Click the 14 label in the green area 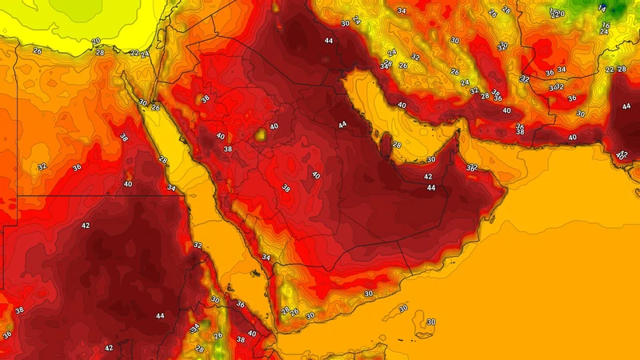(602, 7)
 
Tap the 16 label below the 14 (606, 26)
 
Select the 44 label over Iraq (329, 40)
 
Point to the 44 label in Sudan (160, 316)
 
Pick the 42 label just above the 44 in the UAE (429, 177)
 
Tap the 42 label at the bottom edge (109, 348)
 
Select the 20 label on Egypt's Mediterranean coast (96, 41)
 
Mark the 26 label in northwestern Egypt (37, 51)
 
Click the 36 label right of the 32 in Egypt (77, 167)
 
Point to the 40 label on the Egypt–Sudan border (128, 184)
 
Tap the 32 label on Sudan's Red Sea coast (198, 246)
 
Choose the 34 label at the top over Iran (402, 11)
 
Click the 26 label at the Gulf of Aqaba (155, 107)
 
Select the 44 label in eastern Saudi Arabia (342, 125)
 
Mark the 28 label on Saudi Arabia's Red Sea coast (162, 160)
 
